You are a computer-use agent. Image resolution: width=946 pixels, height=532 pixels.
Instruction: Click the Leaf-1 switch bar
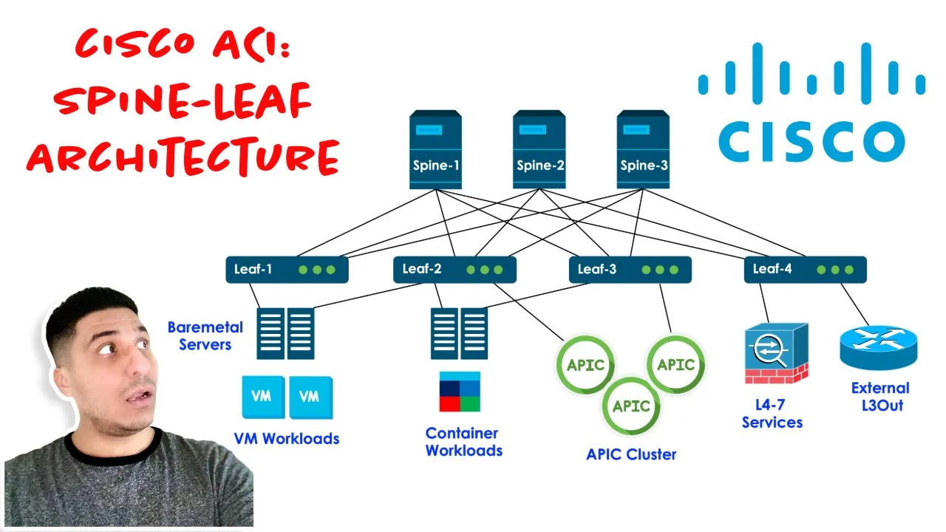tap(287, 270)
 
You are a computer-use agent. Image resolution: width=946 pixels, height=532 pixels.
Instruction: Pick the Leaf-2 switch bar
tap(455, 270)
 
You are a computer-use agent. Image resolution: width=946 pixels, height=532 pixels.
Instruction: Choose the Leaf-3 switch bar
tap(630, 270)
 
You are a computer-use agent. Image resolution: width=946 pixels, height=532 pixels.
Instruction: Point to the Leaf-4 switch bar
tap(805, 270)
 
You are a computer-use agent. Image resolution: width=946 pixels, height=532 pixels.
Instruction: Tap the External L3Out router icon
tap(878, 349)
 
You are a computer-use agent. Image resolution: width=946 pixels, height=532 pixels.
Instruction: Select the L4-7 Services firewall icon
tap(776, 352)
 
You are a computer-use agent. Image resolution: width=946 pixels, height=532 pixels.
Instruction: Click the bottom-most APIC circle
tap(630, 406)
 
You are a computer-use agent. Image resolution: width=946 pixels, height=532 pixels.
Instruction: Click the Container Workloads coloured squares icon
tap(460, 392)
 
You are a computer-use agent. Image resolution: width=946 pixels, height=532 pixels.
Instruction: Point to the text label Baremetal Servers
tap(200, 335)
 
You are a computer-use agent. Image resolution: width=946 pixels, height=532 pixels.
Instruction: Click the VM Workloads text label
tap(287, 438)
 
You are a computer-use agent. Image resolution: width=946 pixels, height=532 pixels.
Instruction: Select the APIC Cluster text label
tap(631, 454)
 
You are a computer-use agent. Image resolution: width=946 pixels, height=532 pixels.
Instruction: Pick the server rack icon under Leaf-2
tap(459, 333)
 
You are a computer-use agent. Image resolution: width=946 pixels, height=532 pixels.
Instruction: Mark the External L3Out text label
tap(880, 396)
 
